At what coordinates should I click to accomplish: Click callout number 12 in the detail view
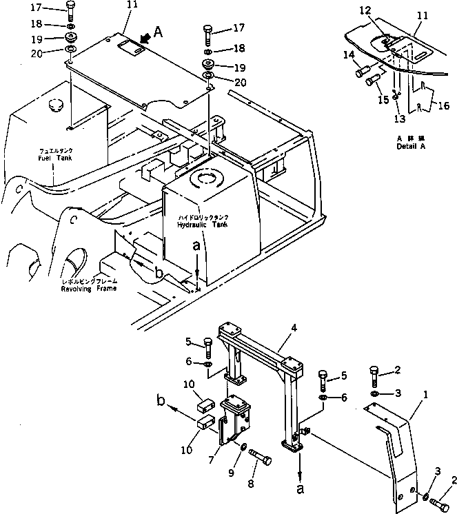365,10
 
